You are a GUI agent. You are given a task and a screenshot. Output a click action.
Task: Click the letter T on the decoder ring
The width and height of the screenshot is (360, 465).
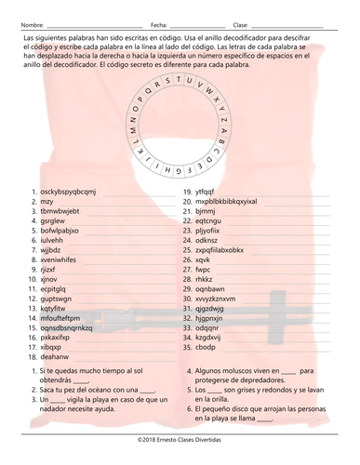tap(191, 79)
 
